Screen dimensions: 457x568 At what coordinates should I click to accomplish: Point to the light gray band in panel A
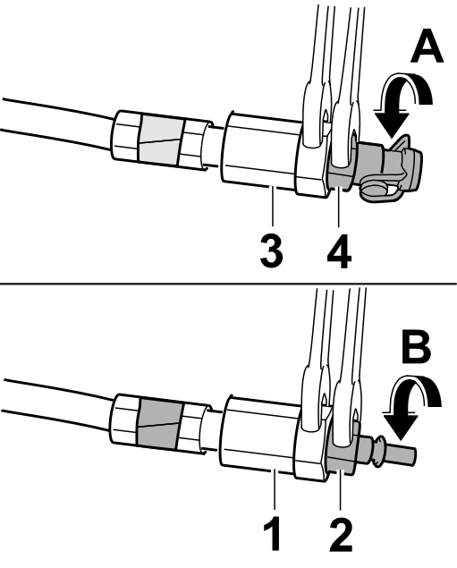(x=160, y=140)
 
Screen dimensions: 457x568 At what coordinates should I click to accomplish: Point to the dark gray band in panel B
(x=160, y=423)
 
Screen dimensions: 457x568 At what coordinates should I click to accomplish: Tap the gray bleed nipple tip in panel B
(x=402, y=454)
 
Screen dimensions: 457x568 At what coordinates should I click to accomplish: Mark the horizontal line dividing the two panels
(x=229, y=284)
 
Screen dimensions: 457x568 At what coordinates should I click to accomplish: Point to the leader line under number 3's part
(x=272, y=208)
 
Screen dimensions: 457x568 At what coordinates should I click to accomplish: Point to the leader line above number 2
(x=340, y=490)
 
